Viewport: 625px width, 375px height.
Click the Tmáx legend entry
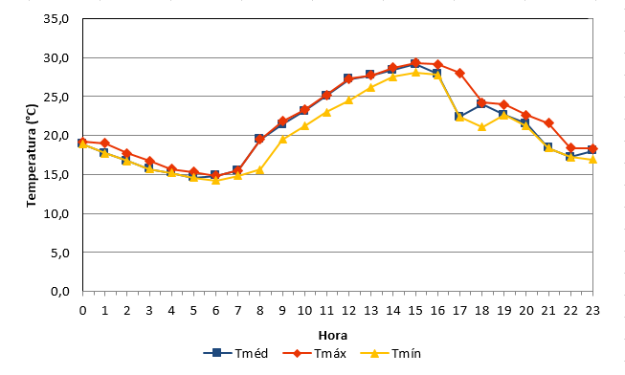[315, 353]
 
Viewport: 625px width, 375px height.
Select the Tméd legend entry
[235, 353]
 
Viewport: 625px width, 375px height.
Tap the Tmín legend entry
[391, 353]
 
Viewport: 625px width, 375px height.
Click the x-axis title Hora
[333, 336]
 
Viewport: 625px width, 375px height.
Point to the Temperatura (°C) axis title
[32, 155]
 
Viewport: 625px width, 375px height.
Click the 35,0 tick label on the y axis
[56, 19]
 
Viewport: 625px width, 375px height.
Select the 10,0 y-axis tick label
[56, 213]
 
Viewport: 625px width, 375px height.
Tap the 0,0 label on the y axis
[59, 292]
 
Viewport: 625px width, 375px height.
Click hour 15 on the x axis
[415, 311]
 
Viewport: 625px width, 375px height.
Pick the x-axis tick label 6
[215, 311]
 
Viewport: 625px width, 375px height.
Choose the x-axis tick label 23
[592, 311]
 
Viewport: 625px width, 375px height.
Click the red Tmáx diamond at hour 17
[459, 74]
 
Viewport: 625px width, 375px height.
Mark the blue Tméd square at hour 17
[458, 117]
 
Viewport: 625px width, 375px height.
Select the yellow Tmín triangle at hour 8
[260, 170]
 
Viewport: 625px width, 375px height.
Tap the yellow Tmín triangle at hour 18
[481, 127]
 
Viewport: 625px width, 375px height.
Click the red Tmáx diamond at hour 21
[548, 123]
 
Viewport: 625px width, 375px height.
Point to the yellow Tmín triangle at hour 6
[215, 181]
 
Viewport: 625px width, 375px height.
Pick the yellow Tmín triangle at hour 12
[348, 100]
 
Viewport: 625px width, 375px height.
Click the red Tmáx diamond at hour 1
[105, 143]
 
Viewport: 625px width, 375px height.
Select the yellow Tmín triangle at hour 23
[592, 160]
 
